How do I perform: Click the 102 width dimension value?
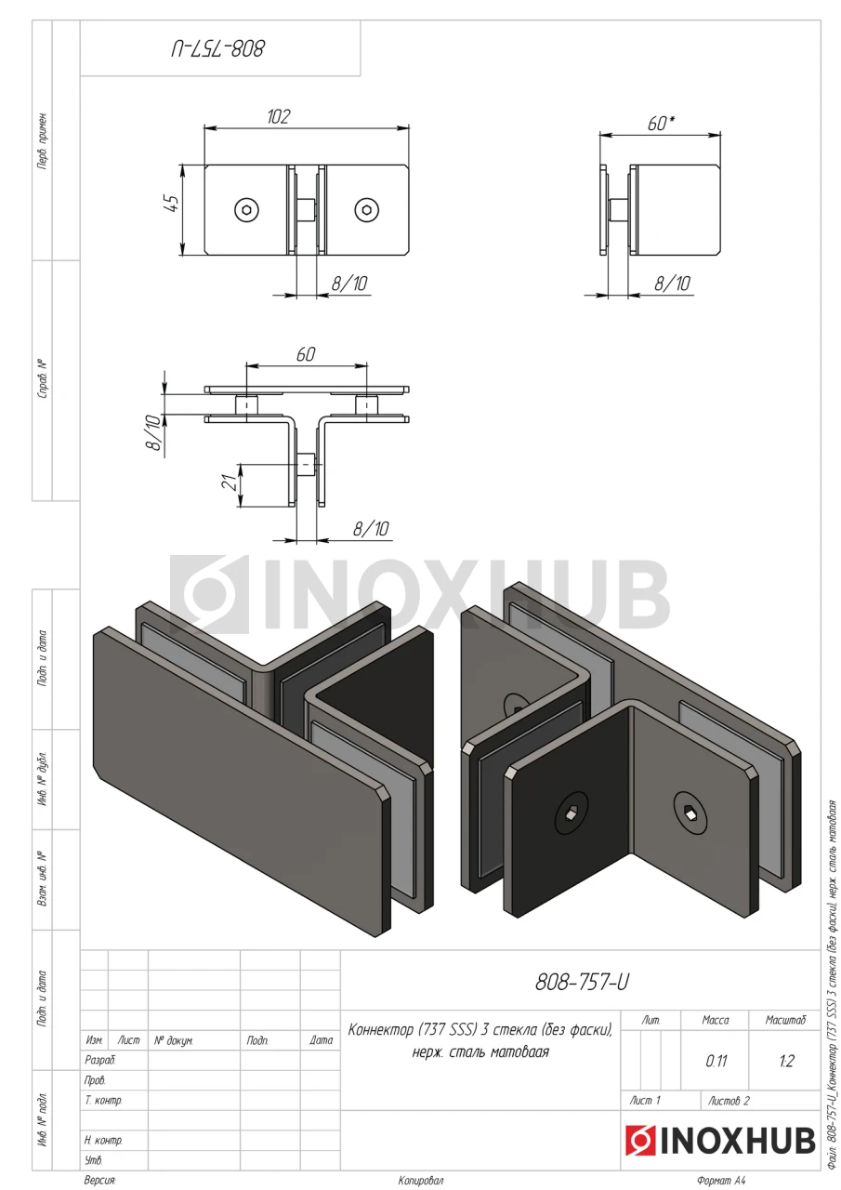click(x=278, y=116)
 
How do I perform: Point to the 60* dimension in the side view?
click(x=661, y=124)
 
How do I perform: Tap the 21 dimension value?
click(x=230, y=483)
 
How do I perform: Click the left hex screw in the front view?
click(x=247, y=210)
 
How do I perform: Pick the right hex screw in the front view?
click(x=366, y=210)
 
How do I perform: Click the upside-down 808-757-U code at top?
click(x=217, y=49)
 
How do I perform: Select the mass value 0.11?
click(x=716, y=1062)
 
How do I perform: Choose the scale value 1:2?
click(x=786, y=1062)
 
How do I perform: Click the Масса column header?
click(x=716, y=1020)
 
